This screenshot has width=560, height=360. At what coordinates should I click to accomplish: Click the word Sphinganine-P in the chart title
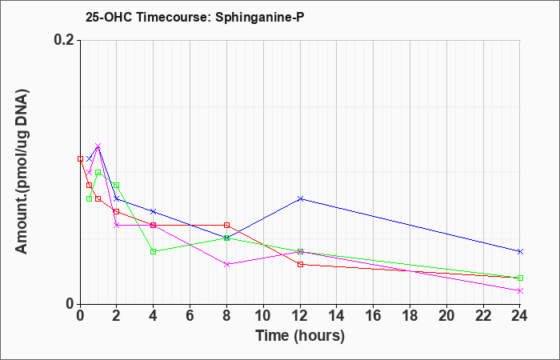click(260, 17)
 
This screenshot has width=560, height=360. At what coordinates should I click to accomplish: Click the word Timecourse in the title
click(174, 17)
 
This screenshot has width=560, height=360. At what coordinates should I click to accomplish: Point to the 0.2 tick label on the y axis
click(64, 40)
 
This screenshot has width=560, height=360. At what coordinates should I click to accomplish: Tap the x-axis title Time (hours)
click(300, 336)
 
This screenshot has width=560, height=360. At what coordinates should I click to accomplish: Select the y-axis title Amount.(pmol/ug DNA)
click(22, 171)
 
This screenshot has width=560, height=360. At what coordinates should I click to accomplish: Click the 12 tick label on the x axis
click(300, 316)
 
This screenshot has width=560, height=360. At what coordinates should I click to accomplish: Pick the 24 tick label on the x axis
click(520, 316)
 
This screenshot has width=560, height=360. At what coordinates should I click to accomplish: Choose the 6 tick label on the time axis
click(190, 316)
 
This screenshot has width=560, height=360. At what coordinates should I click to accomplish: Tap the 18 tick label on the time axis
click(410, 316)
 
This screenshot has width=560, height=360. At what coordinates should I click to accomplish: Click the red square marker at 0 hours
click(80, 159)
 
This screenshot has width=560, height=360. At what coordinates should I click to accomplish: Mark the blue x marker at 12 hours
click(300, 198)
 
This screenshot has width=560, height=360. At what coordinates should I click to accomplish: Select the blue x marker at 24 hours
click(520, 251)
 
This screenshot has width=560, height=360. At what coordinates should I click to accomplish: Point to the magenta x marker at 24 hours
click(520, 291)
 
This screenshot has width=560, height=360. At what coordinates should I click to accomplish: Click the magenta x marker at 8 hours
click(226, 265)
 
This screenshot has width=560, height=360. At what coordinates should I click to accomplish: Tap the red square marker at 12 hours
click(300, 265)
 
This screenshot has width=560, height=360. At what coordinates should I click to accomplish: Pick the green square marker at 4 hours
click(154, 251)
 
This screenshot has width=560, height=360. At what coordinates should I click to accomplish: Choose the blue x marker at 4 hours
click(154, 212)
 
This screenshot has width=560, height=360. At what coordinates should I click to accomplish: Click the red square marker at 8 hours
click(226, 225)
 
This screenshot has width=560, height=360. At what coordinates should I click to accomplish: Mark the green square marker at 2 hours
click(117, 186)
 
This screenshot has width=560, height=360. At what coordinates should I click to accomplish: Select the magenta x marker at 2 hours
click(117, 225)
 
